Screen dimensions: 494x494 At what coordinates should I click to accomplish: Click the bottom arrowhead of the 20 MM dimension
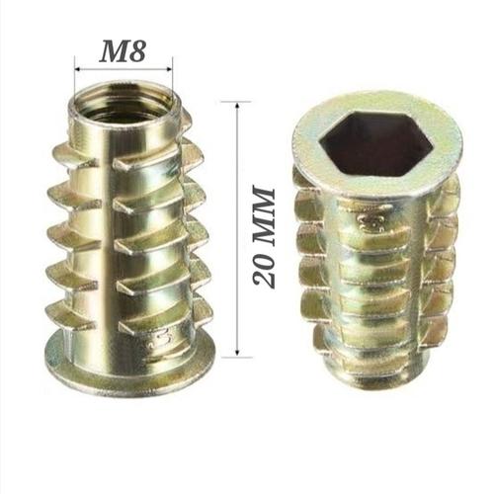click(237, 353)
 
